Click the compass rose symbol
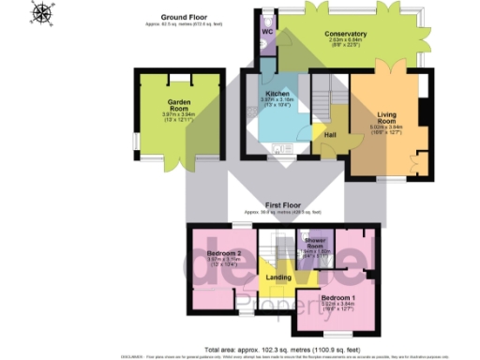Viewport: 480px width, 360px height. click(x=43, y=12)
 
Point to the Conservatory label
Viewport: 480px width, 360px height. click(x=347, y=34)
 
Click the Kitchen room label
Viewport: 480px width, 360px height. click(x=277, y=94)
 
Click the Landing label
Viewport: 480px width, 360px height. click(x=278, y=277)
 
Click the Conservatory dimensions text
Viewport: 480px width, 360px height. click(x=347, y=43)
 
